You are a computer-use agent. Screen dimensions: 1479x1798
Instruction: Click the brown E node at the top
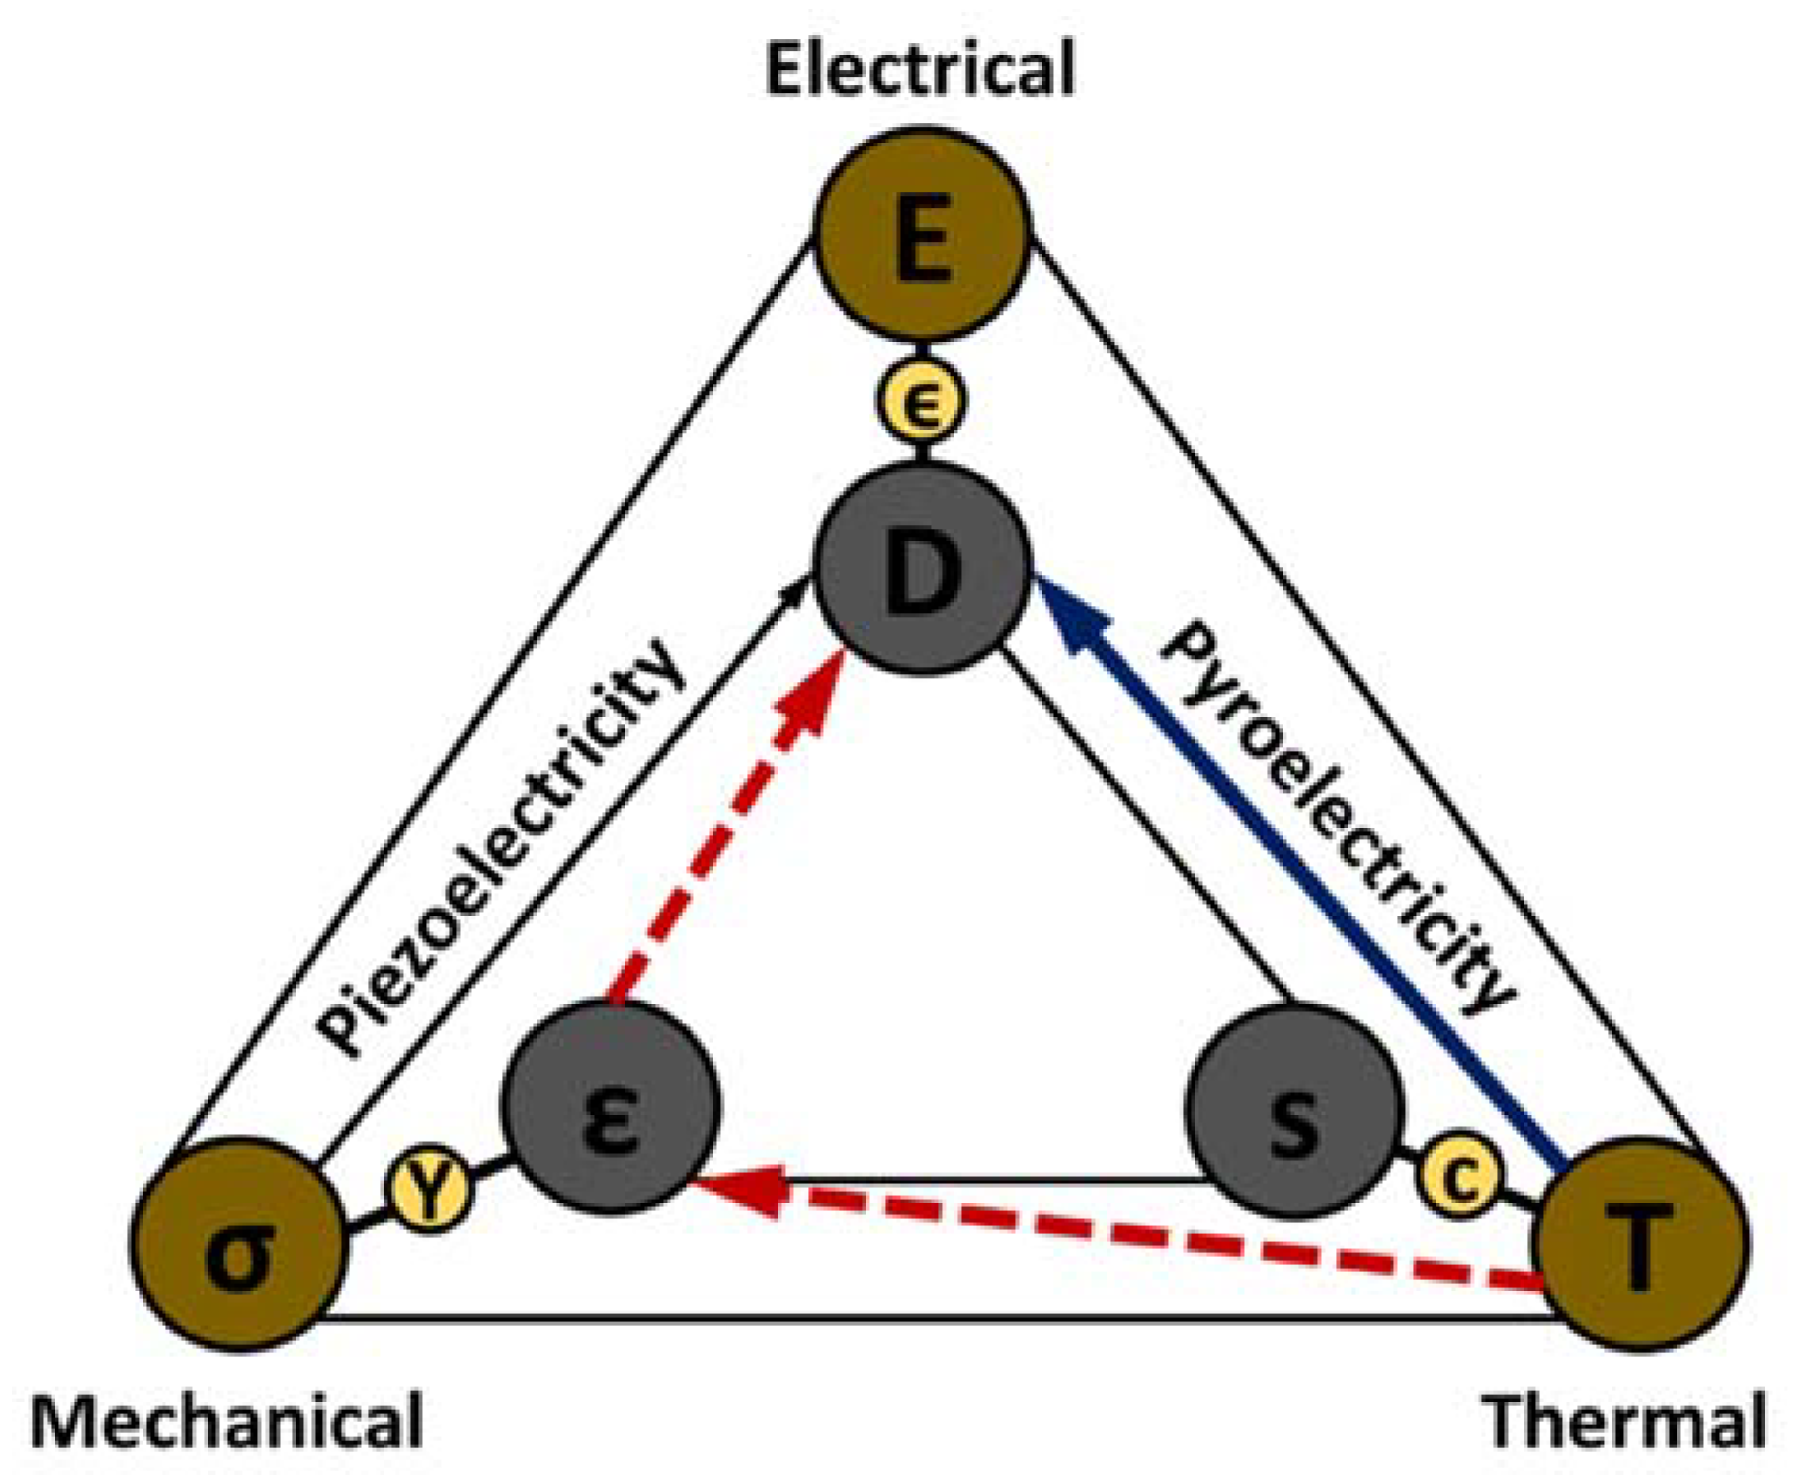coord(922,234)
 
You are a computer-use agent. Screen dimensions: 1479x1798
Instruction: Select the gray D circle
coord(922,569)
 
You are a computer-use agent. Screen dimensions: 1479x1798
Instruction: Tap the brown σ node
coord(237,1244)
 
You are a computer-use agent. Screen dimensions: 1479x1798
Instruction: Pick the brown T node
coord(1641,1244)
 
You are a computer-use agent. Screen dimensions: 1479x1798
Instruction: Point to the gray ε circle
coord(610,1110)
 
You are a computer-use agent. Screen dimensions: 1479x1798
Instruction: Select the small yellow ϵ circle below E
coord(921,402)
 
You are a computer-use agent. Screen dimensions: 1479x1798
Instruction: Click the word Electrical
coord(920,71)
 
